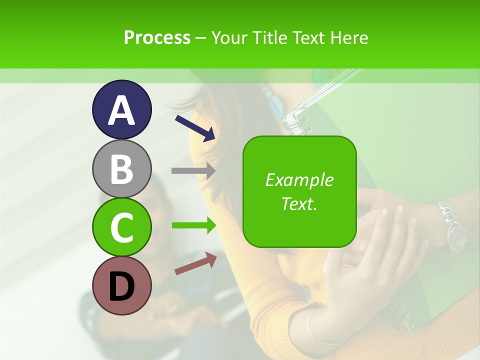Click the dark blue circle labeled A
pos(121,109)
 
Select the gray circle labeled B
pos(121,168)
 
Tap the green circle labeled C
pos(121,227)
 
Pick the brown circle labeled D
pos(121,285)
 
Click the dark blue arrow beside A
pos(195,127)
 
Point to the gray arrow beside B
pos(193,170)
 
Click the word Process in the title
pos(157,37)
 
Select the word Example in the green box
pos(299,180)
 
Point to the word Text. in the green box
pos(299,203)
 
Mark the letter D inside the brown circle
pos(121,286)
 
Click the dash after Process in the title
pos(201,38)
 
